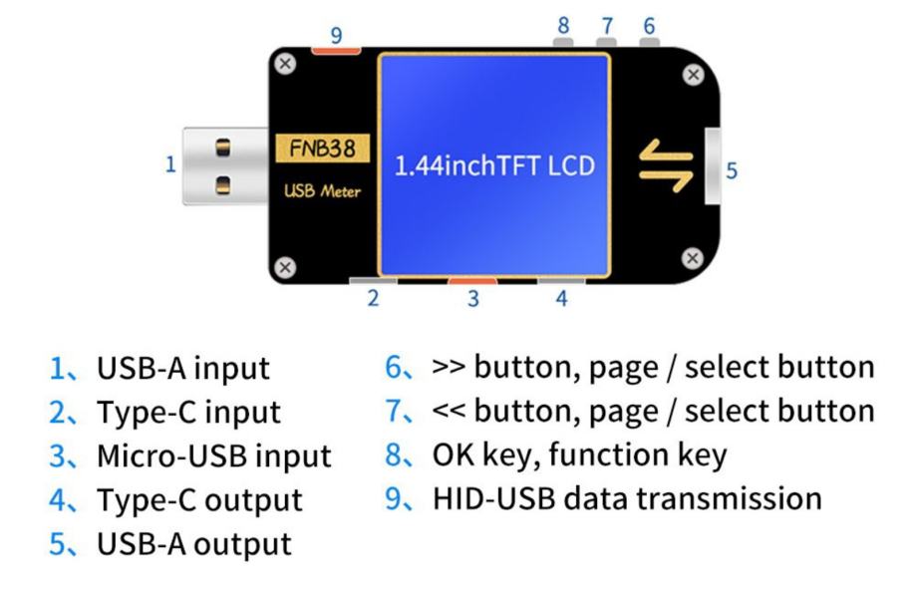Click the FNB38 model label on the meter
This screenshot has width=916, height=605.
(323, 149)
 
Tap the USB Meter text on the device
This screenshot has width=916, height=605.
(322, 191)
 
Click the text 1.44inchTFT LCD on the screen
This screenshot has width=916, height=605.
(494, 165)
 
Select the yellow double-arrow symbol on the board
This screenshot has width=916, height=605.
(666, 165)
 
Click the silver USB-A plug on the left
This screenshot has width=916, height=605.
(225, 165)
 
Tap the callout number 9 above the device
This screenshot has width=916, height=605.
(336, 36)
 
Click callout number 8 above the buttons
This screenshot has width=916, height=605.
(563, 25)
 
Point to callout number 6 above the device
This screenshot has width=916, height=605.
(649, 26)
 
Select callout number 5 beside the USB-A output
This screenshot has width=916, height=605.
(732, 170)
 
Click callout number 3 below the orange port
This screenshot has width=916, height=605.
(473, 298)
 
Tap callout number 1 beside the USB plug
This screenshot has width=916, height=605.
(170, 164)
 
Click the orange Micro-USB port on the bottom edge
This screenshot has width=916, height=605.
(472, 281)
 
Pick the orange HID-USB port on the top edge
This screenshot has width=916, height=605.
(336, 51)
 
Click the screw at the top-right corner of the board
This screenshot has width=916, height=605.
(694, 75)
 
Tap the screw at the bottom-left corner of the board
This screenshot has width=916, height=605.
(285, 267)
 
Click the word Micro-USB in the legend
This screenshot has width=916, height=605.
(172, 456)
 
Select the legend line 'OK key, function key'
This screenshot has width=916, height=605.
(579, 455)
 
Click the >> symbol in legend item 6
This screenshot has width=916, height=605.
(449, 368)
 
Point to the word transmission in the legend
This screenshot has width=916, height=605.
(729, 498)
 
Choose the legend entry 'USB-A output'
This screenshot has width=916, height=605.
(194, 544)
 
